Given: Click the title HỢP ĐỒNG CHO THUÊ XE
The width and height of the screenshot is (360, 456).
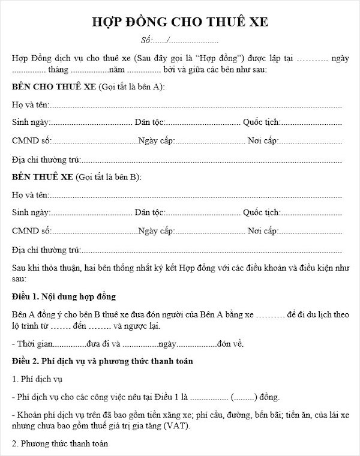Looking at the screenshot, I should pos(179,22).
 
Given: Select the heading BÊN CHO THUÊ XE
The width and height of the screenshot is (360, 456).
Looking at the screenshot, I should pos(55,87).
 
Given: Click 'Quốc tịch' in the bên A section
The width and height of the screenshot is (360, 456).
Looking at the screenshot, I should pos(261,123).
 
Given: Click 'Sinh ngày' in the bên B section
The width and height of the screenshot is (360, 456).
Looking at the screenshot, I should pos(31,212).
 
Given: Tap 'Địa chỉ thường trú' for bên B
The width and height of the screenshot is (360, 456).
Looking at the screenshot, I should pos(46,248).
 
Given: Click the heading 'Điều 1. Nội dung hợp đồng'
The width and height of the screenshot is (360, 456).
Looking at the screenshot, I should pos(64,297).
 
